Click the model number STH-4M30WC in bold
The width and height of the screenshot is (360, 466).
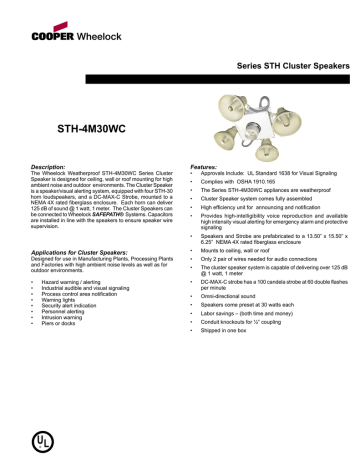pyautogui.click(x=94, y=130)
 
